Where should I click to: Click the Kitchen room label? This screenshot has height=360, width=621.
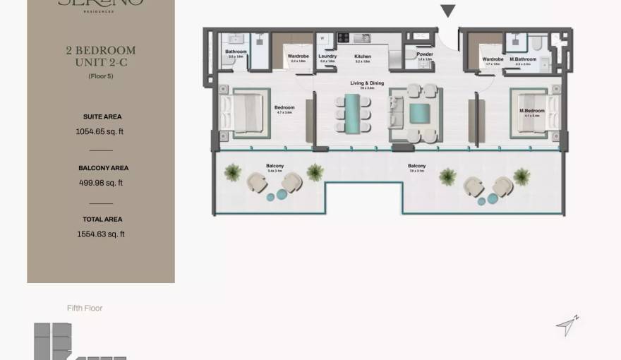363,56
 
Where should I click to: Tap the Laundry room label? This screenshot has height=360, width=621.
327,56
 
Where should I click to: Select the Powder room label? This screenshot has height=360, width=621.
425,54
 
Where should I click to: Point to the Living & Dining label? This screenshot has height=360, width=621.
367,83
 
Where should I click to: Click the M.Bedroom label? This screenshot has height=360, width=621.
532,111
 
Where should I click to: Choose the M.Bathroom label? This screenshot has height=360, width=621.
523,59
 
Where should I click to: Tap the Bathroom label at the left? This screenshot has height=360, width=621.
236,52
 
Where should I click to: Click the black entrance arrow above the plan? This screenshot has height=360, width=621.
448,11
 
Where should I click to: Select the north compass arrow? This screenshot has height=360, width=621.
567,325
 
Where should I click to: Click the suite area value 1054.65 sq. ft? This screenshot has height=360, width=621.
100,131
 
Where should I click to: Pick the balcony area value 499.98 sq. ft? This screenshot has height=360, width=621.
101,183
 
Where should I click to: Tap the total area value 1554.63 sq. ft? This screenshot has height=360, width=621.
101,234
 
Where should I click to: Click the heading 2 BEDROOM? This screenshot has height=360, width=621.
101,51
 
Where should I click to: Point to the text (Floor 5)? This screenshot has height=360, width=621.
101,76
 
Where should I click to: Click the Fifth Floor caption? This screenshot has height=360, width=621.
85,308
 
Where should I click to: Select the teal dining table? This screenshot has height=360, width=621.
352,112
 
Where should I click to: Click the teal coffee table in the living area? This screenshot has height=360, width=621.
419,113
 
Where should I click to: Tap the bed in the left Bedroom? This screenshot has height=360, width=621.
243,113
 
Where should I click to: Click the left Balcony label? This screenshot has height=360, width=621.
275,167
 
